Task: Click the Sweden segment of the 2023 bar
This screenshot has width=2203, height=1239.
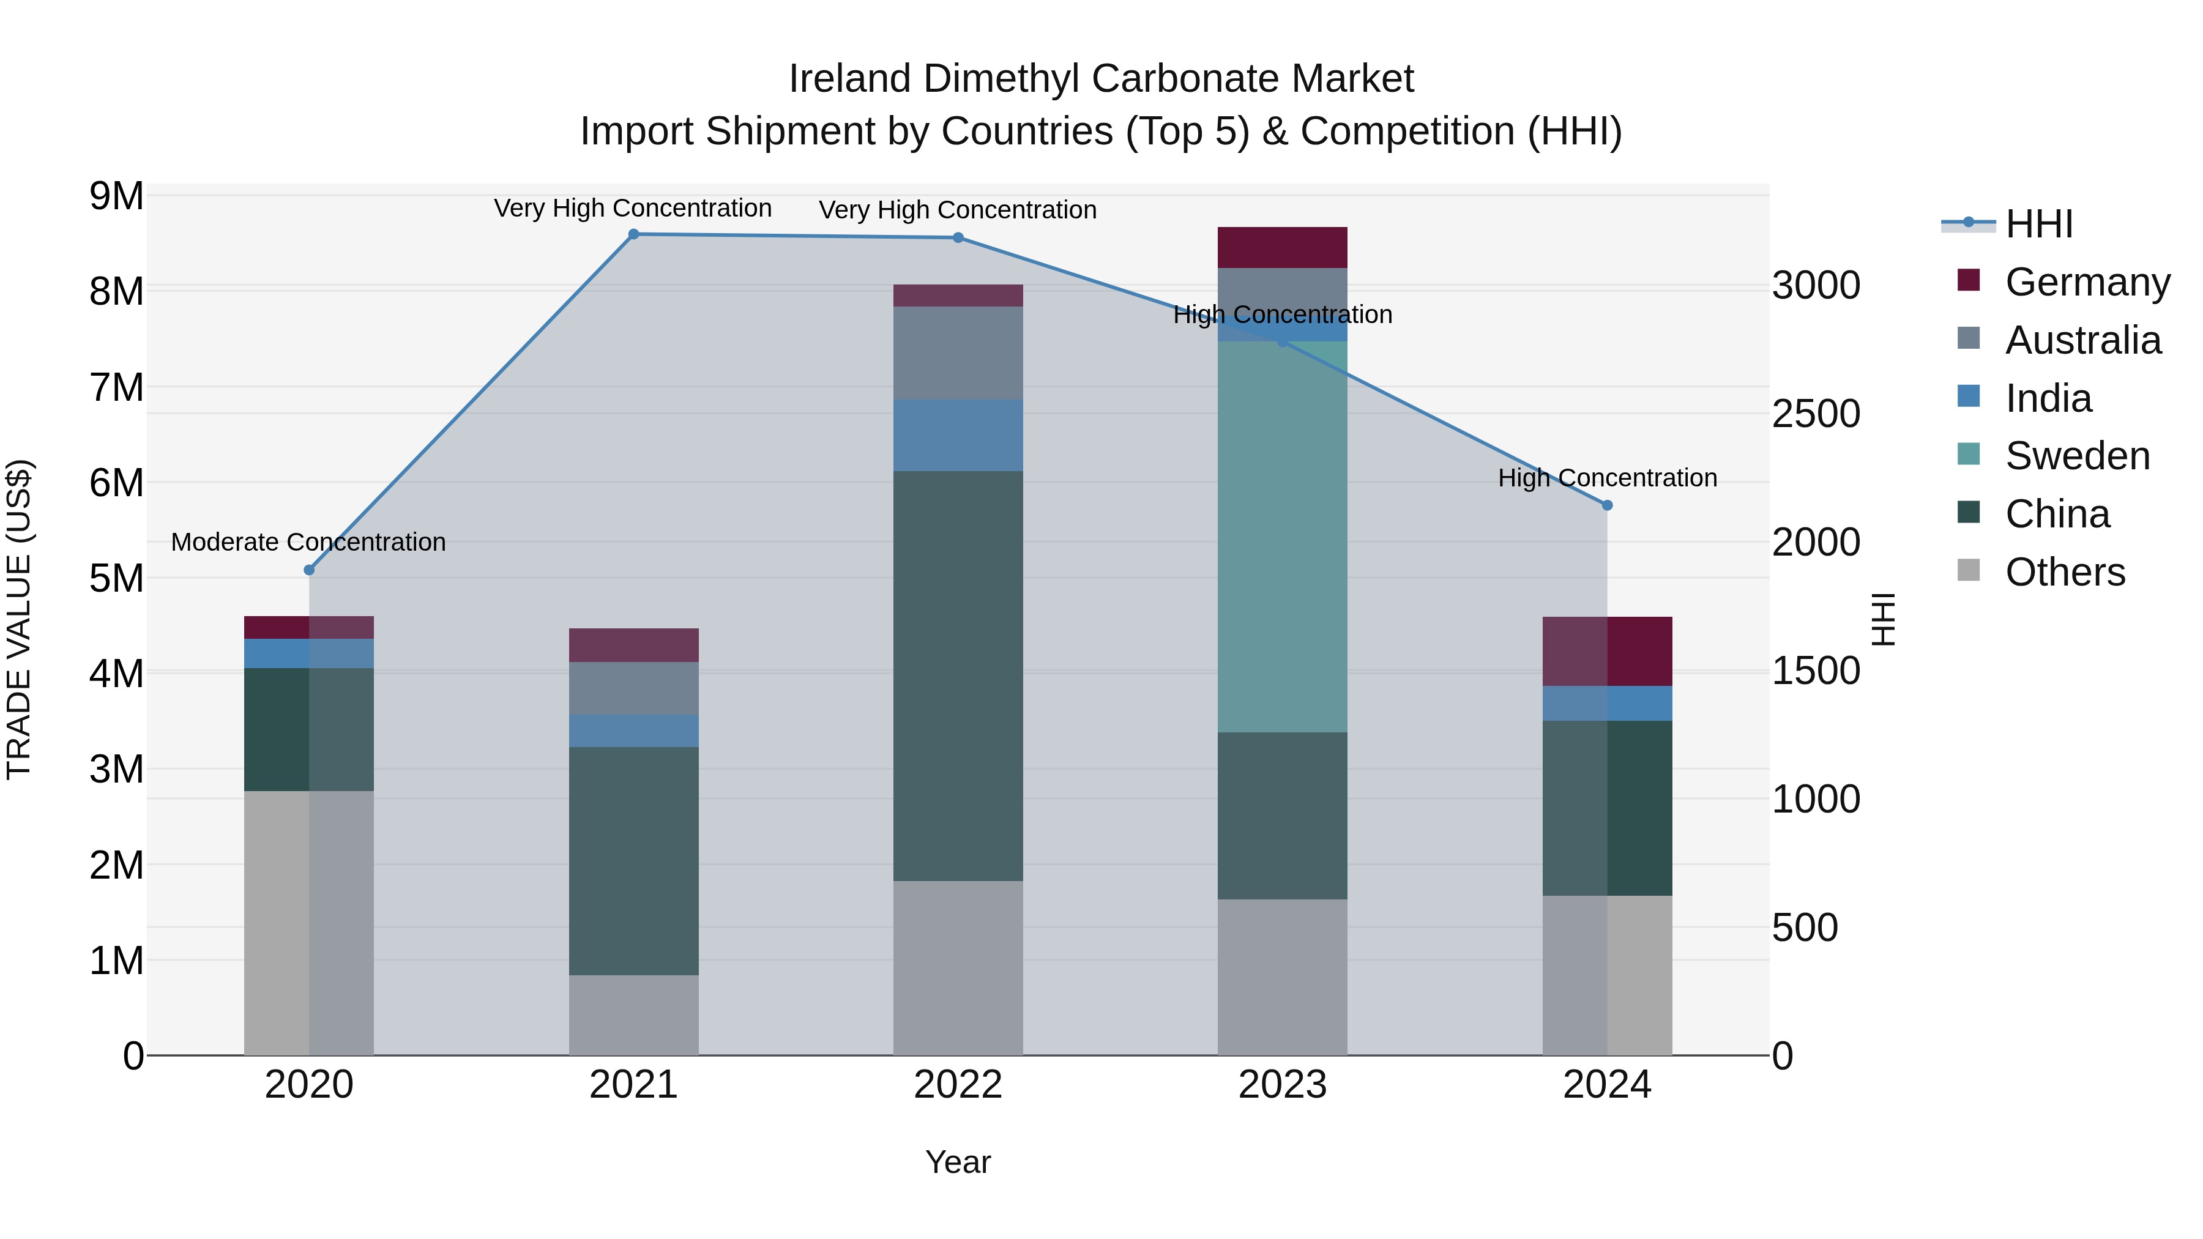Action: (1282, 537)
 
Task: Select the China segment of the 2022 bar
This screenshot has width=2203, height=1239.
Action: (958, 675)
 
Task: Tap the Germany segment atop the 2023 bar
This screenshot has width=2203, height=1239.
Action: (1282, 247)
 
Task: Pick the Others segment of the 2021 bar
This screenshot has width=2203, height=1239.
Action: (634, 1015)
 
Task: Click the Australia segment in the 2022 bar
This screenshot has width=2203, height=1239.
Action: (958, 352)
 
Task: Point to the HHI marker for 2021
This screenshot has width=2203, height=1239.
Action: (634, 234)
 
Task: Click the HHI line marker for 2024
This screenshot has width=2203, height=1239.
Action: (1607, 505)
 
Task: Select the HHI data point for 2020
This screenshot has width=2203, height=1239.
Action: (310, 570)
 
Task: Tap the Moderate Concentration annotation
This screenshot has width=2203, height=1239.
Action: (309, 542)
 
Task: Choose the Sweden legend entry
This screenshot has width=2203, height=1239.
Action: (2076, 456)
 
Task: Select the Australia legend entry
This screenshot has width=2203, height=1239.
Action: (2082, 340)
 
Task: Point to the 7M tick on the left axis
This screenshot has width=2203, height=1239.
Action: (117, 387)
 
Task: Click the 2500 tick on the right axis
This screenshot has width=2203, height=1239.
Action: (1816, 414)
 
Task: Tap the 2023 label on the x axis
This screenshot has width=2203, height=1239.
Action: (1282, 1085)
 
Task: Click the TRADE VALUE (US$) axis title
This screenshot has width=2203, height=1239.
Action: (19, 619)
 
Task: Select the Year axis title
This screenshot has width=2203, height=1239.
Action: (958, 1162)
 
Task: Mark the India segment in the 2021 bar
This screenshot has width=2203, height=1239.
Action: (634, 731)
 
